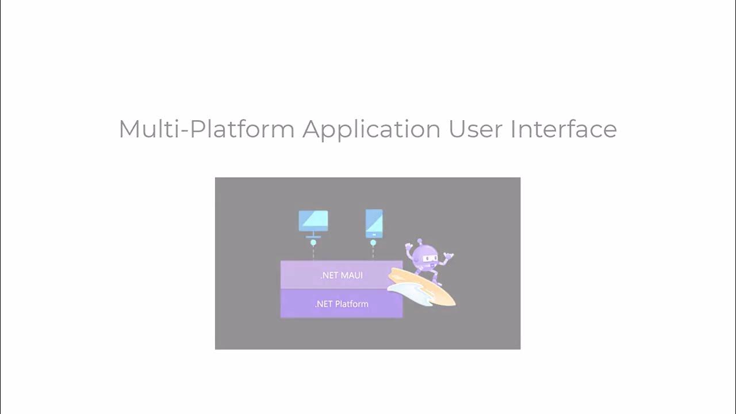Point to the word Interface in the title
563,129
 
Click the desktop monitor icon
313,221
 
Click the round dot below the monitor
313,243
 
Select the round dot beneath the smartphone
373,243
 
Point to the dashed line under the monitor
313,253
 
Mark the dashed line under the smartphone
373,253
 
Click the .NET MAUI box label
342,275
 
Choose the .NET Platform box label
342,304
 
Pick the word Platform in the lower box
351,304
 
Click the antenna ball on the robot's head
420,241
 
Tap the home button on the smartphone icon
374,234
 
